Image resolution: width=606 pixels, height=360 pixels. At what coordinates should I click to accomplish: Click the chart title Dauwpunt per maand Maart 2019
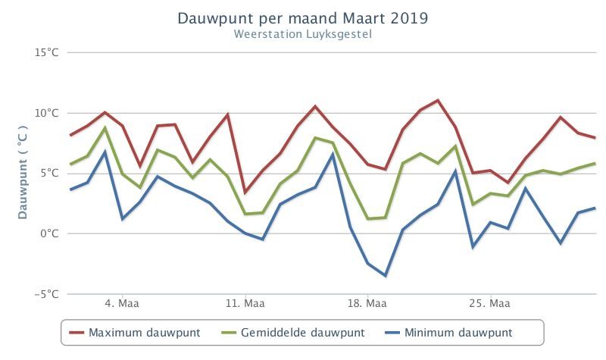pos(302,18)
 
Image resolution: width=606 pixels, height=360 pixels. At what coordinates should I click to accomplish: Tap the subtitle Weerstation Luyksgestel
pos(302,34)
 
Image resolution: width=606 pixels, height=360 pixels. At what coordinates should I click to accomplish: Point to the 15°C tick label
pos(47,52)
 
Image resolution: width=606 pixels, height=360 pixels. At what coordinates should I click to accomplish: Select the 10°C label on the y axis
pos(47,113)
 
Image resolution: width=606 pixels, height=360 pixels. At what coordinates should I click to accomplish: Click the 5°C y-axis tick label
pos(50,173)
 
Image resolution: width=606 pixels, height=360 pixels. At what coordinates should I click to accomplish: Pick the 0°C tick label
pos(50,233)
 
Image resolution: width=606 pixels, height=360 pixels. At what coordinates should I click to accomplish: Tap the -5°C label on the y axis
pos(47,294)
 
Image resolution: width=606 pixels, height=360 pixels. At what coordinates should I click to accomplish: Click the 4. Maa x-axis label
pos(122,304)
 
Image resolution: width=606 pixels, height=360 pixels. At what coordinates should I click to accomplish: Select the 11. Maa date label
pos(245,304)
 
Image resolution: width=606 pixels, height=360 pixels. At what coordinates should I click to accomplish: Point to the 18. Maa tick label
pos(367,304)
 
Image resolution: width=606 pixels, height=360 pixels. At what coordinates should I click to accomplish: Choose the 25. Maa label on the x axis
pos(489,304)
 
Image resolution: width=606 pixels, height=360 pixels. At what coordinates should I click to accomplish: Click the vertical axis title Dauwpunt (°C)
pos(23,173)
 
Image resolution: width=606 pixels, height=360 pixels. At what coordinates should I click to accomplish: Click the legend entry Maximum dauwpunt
pos(135,333)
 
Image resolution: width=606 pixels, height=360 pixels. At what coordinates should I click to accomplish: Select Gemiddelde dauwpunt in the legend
pos(292,333)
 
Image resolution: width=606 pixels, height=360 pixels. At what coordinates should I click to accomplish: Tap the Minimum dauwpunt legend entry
pos(448,333)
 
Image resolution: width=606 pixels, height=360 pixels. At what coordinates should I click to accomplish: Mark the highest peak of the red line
pos(438,100)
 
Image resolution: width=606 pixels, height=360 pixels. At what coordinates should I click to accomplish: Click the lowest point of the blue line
pos(385,276)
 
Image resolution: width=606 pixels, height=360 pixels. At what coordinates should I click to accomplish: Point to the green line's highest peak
pos(105,127)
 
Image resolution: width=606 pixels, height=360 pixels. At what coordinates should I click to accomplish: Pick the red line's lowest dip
pos(245,193)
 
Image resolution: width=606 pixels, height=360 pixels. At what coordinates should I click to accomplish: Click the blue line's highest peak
pos(105,152)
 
